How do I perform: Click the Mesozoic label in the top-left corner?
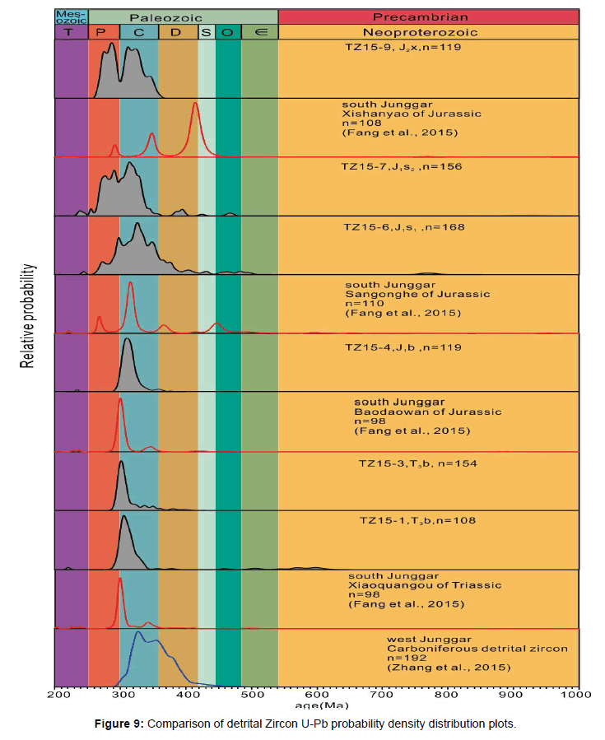click(x=71, y=16)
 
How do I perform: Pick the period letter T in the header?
click(x=71, y=32)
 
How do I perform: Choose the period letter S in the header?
click(x=206, y=32)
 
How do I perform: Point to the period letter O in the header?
click(x=228, y=32)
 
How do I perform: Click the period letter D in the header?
click(x=178, y=32)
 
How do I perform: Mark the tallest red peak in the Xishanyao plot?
click(x=194, y=105)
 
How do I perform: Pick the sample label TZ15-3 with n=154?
click(x=418, y=463)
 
